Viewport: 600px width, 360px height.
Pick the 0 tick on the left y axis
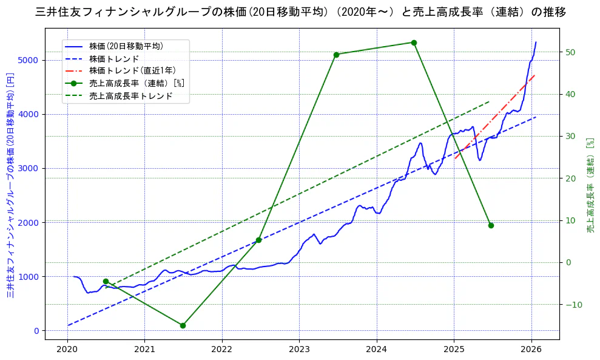pos(37,331)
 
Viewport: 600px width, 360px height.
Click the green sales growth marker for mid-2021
pos(183,325)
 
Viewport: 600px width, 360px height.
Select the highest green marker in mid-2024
pos(414,42)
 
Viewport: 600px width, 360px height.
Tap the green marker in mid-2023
pos(336,55)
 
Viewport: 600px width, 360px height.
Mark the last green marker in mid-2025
pos(491,225)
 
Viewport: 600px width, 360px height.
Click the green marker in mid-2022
pos(258,240)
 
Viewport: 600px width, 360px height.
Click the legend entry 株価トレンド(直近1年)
pos(132,70)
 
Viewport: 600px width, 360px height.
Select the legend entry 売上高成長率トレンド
pos(130,96)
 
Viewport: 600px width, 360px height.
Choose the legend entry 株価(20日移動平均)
pos(126,46)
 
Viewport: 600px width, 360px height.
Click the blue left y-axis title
pos(10,185)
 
